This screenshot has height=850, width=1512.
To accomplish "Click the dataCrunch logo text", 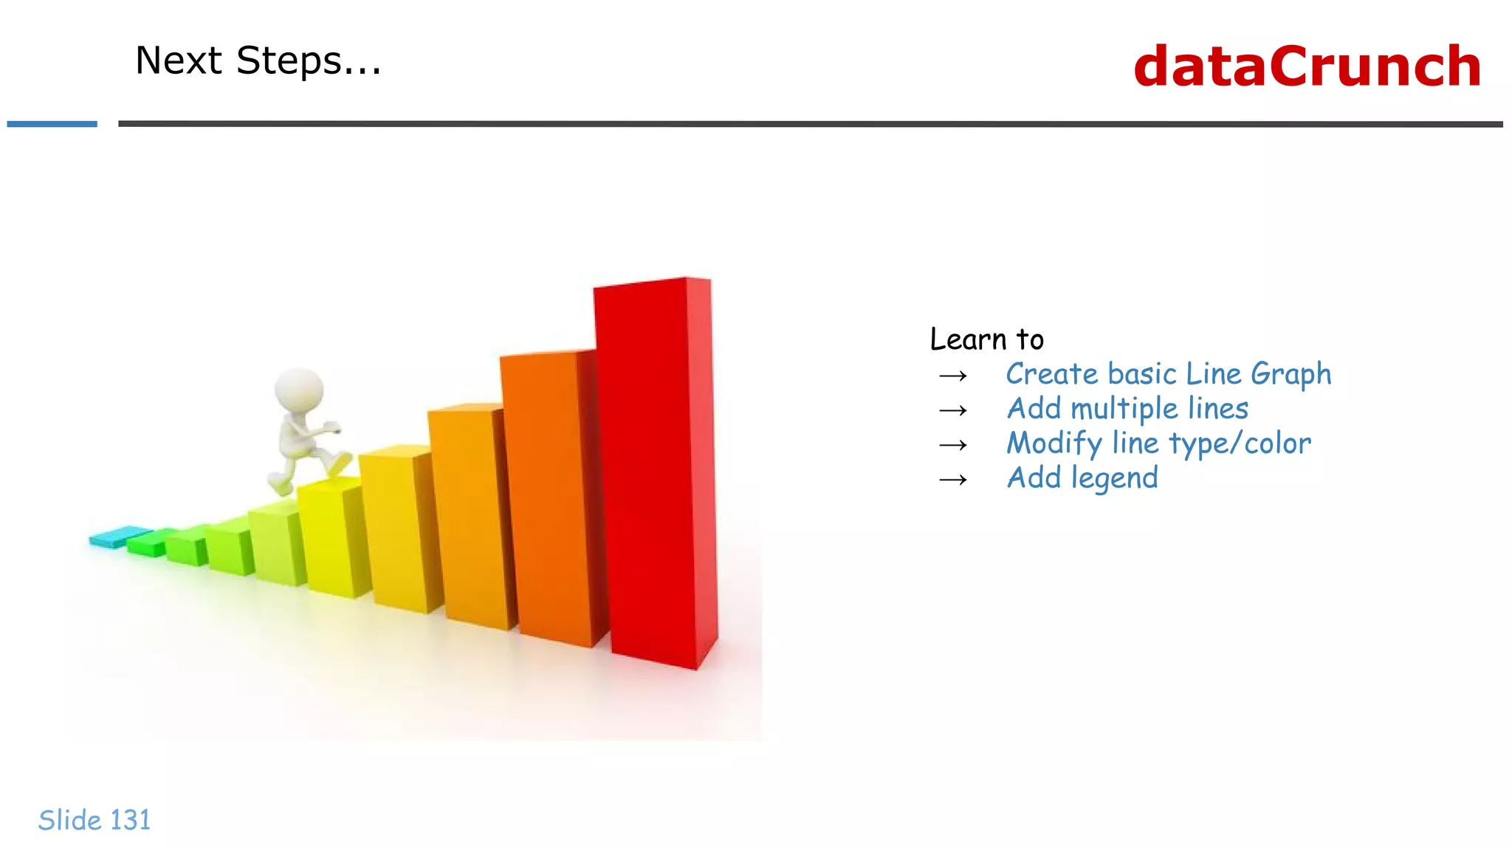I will point(1307,66).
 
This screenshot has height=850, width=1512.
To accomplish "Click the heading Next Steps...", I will point(258,61).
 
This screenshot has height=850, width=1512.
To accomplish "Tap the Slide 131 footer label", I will point(94,820).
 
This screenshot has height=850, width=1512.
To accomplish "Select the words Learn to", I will point(986,339).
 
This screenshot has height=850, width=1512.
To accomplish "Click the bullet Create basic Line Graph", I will point(1168,374).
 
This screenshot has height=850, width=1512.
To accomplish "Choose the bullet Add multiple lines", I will point(1127,409).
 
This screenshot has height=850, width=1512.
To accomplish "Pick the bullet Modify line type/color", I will point(1158,443).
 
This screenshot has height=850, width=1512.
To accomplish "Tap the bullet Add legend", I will point(1082,478).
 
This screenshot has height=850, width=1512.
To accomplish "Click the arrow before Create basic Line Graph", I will point(953,376).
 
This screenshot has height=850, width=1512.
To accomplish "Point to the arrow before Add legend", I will point(953,480).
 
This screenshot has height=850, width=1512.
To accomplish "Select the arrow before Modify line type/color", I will point(953,446).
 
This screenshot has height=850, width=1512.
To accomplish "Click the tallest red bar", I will point(650,472).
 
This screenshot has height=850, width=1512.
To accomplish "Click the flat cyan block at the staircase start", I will point(118,536).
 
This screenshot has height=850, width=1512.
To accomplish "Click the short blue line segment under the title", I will point(52,124).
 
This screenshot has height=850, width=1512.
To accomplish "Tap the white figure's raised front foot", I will point(338,463).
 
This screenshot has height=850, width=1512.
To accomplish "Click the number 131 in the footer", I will point(130,820).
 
